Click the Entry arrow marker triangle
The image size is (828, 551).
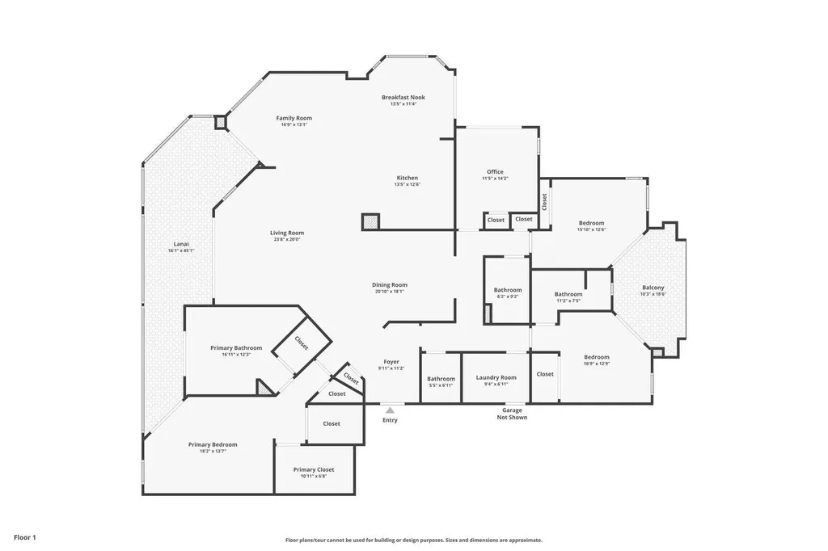coord(390,410)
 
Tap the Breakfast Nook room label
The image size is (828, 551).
coord(403,97)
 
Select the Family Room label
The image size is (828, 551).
coord(294,118)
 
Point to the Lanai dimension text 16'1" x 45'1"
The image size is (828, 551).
coord(181,250)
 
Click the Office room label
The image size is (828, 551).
coord(495,171)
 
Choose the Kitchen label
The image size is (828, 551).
coord(407,178)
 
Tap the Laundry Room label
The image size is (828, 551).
coord(496,377)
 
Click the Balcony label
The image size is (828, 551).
coord(653,288)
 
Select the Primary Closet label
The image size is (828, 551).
coord(314,469)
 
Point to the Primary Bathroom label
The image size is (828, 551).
coord(236,347)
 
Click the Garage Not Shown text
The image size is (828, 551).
coord(512,414)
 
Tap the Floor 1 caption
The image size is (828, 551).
coord(25,537)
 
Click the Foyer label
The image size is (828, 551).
coord(391,362)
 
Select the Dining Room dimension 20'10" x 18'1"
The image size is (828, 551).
coord(389,292)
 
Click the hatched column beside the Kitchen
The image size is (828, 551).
coord(370,221)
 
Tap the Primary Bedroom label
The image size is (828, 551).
coord(213,444)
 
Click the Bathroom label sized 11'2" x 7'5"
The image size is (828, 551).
coord(568,294)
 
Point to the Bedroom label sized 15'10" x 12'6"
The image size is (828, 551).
coord(591,223)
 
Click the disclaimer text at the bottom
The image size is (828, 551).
coord(413,540)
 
